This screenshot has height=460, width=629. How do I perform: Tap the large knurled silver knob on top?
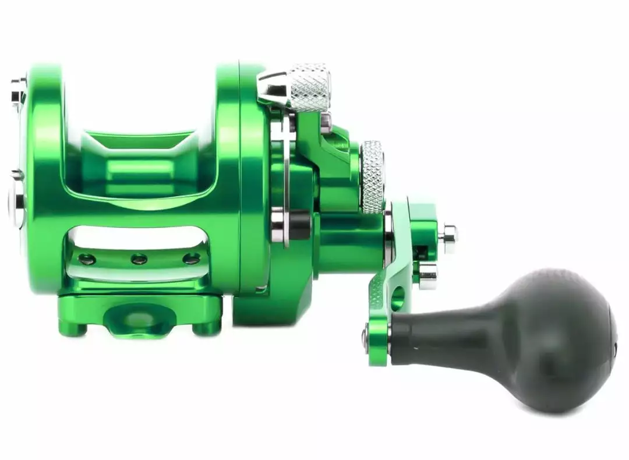pyautogui.click(x=310, y=86)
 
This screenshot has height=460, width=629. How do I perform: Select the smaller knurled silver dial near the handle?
pyautogui.click(x=372, y=176)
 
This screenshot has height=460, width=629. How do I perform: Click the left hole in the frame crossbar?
pyautogui.click(x=87, y=259)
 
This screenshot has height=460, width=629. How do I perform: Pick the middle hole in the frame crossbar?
pyautogui.click(x=139, y=259)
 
